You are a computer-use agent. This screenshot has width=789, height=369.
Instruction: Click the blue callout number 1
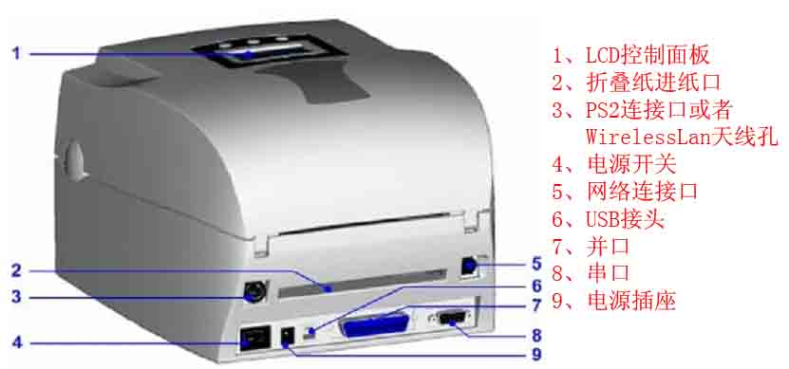(16, 52)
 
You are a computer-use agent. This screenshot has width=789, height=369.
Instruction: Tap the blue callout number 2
(17, 271)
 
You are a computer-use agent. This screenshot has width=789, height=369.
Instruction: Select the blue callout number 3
(17, 297)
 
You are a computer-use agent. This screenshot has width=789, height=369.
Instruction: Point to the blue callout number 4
(17, 343)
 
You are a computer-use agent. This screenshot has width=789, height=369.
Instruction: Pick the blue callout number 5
(536, 264)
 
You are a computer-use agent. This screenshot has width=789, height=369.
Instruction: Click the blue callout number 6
(536, 286)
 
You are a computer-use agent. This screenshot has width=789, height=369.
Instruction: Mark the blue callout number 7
(536, 304)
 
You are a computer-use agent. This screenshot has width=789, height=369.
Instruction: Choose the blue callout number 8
(536, 334)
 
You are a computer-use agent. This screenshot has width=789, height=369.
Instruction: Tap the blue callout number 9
(536, 355)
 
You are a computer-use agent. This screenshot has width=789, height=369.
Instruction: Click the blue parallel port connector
(376, 325)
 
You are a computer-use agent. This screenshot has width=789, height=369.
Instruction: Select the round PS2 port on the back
(254, 291)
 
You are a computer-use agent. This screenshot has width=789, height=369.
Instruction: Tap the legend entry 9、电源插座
(614, 301)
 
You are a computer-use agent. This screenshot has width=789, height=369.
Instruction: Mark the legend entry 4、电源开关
(614, 164)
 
